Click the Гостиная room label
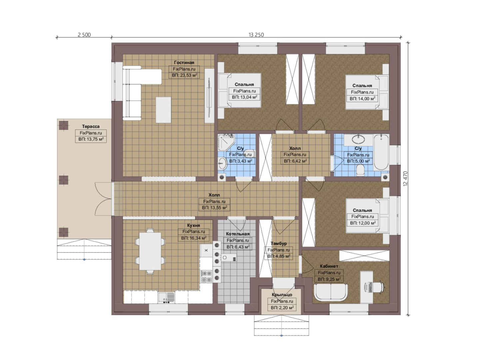coord(184,63)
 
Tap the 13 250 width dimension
coord(256,35)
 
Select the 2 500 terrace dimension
coord(84,35)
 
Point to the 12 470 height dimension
coord(405,179)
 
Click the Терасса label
coord(91,126)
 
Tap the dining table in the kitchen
coord(150,251)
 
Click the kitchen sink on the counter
coord(166,297)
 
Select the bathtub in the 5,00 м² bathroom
coord(381,152)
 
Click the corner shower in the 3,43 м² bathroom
coord(226,142)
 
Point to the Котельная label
coord(238,234)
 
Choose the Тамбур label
coord(278,244)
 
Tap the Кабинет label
coord(329,266)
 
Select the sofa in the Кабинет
coord(331,292)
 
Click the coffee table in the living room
coord(163,110)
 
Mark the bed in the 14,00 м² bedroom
coord(367,92)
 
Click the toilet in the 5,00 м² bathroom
coord(360,170)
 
